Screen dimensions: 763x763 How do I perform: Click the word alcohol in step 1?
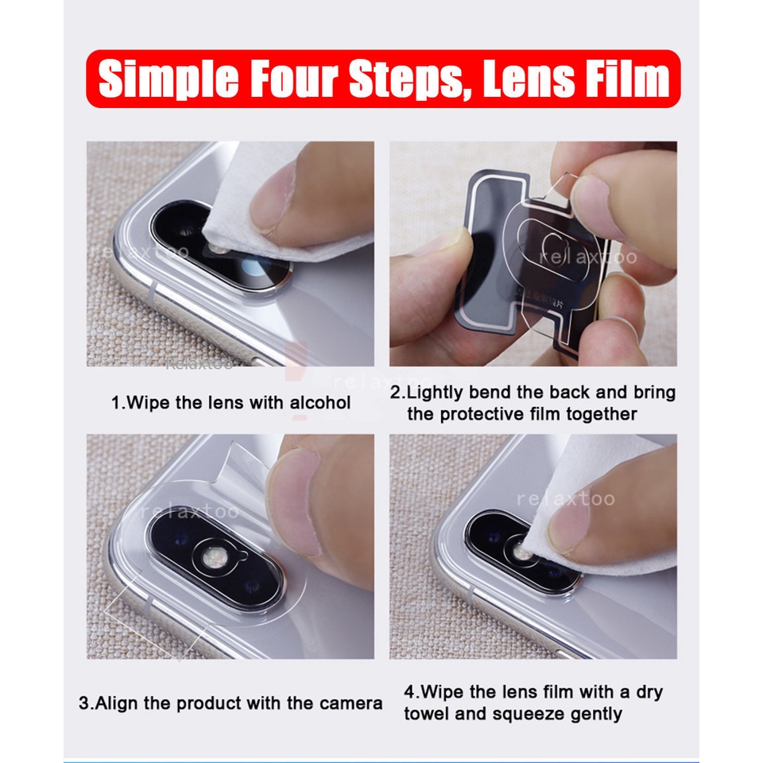(x=320, y=402)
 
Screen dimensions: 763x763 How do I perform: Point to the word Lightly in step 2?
(x=434, y=393)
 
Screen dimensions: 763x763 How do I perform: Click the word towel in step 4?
(x=426, y=714)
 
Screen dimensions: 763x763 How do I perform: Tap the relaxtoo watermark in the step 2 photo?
(x=587, y=257)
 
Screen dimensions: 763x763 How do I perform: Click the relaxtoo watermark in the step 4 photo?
(x=565, y=499)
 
